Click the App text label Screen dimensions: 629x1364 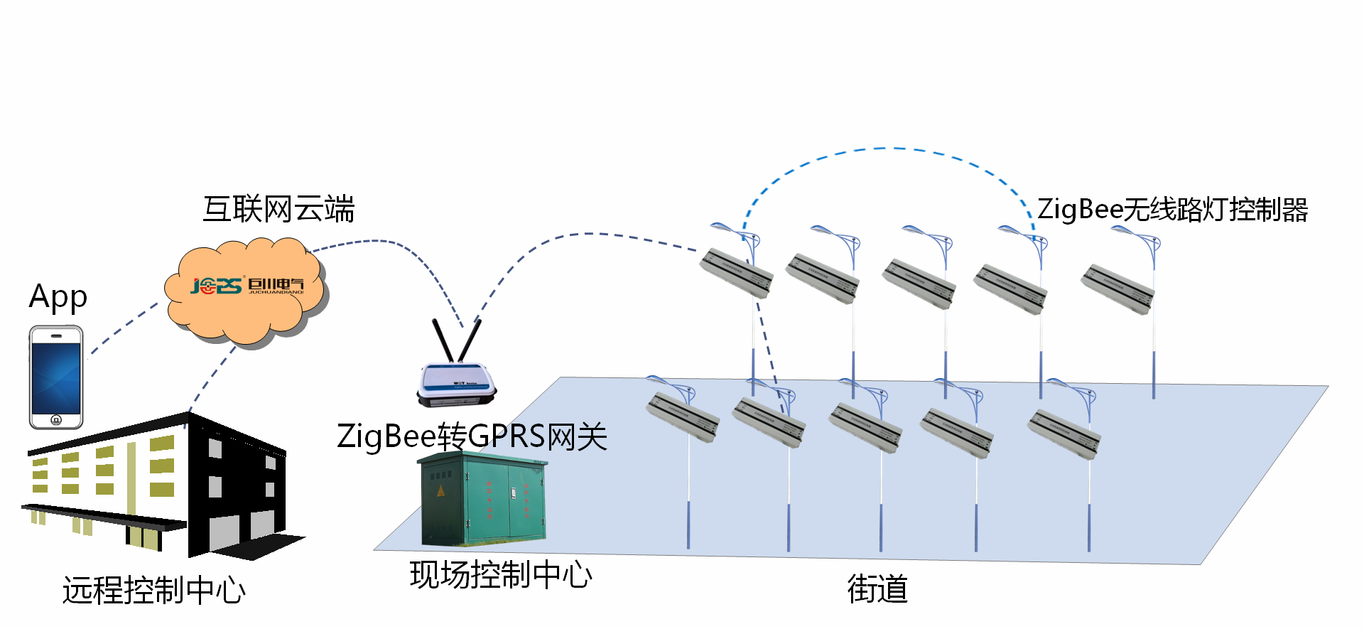58,297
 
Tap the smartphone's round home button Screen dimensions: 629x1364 56,419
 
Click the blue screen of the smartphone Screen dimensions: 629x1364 56,377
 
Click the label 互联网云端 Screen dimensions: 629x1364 278,210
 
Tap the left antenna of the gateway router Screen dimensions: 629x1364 443,340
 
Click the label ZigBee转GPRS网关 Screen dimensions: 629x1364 472,436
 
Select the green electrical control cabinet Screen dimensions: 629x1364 483,501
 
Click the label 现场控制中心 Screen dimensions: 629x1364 501,575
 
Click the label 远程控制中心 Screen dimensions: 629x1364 154,590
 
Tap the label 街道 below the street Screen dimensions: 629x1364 877,589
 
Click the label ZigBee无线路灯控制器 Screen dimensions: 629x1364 1172,210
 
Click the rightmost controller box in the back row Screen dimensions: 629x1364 1117,288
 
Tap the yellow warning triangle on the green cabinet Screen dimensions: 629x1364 440,491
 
